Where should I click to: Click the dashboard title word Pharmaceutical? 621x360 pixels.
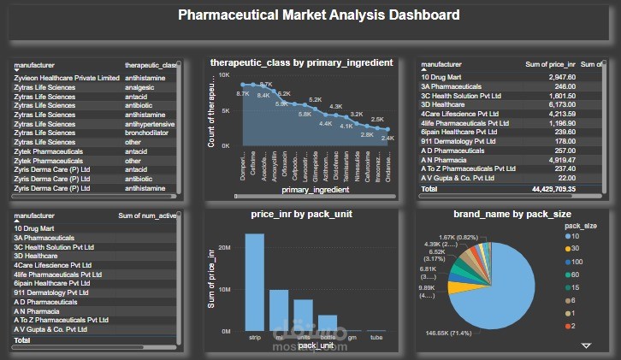point(222,15)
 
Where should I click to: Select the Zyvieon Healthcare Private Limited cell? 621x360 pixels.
point(67,78)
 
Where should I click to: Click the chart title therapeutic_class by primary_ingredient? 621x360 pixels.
point(301,62)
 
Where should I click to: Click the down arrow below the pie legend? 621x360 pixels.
point(586,345)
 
